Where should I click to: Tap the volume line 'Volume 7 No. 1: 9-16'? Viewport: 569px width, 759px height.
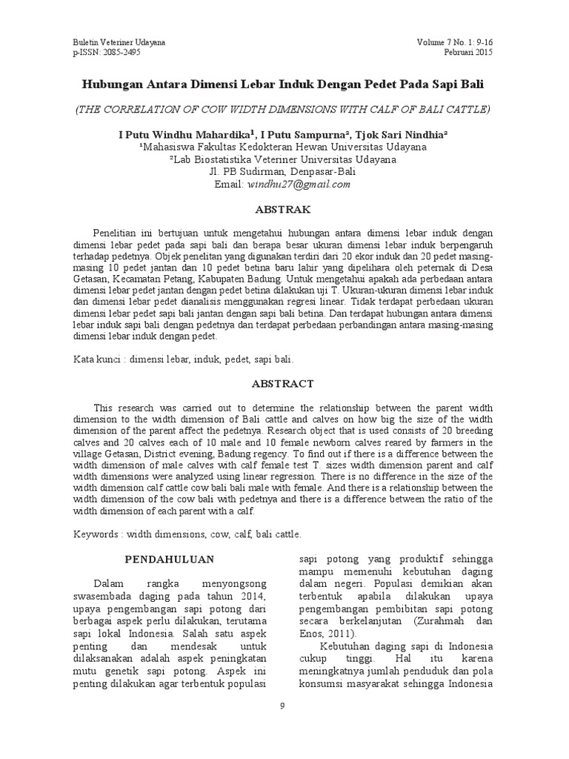click(x=454, y=42)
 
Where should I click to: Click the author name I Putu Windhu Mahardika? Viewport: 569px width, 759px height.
click(x=186, y=134)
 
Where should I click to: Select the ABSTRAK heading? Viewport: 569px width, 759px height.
click(x=284, y=210)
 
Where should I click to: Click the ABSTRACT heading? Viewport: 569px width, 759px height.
click(x=284, y=384)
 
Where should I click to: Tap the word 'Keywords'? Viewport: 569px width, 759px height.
click(x=97, y=533)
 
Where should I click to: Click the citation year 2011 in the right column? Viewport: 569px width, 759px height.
click(x=339, y=634)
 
